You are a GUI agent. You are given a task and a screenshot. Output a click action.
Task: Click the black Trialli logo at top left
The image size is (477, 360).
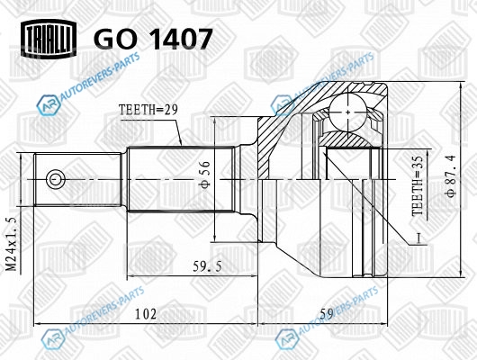point(49,39)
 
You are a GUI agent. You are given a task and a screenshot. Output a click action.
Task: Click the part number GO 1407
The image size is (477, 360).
point(153,39)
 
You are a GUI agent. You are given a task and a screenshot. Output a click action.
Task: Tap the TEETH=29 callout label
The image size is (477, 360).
point(148,110)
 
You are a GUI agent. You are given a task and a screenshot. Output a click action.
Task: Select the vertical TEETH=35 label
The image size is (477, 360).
point(418,186)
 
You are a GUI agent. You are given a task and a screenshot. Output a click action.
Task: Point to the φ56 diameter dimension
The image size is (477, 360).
point(205,174)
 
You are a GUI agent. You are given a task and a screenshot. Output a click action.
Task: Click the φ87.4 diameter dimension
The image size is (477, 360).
point(451,175)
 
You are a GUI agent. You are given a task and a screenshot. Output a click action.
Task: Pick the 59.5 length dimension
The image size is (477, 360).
point(207,267)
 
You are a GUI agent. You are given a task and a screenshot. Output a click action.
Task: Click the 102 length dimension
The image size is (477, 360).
point(146,314)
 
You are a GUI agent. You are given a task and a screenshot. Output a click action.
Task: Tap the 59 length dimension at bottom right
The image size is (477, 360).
point(327,314)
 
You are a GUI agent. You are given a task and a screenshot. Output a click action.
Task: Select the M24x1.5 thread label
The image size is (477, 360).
point(12,244)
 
